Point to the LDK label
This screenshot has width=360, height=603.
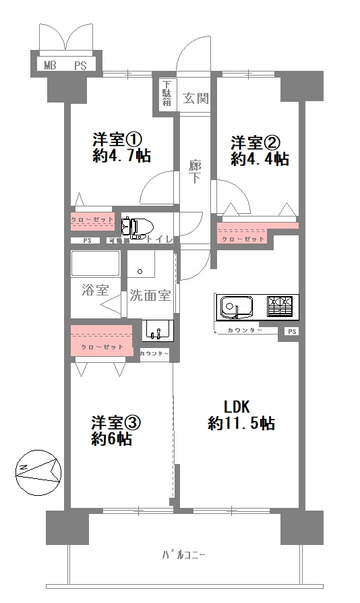(x=237, y=407)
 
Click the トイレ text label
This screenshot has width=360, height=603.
(x=161, y=239)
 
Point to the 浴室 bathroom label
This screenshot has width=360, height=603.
(x=95, y=291)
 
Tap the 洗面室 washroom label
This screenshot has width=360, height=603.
(x=150, y=295)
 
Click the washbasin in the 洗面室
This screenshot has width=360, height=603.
(x=158, y=331)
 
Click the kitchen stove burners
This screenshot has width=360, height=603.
(x=281, y=307)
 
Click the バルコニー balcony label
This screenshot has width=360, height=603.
(x=183, y=556)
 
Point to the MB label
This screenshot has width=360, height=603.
(x=51, y=65)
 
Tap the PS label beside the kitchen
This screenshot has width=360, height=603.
(x=291, y=331)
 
